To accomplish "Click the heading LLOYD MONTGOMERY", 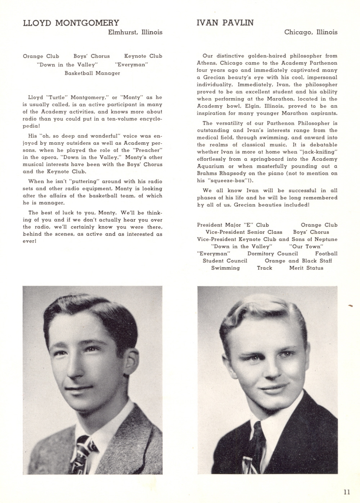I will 71,23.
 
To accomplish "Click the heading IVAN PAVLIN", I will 225,23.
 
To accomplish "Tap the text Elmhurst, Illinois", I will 135,32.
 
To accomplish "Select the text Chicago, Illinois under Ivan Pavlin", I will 311,32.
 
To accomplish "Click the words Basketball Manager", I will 92,73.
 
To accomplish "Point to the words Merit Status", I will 306,268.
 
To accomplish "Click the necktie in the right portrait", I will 257,450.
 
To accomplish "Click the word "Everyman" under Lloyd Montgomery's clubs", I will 131,65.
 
